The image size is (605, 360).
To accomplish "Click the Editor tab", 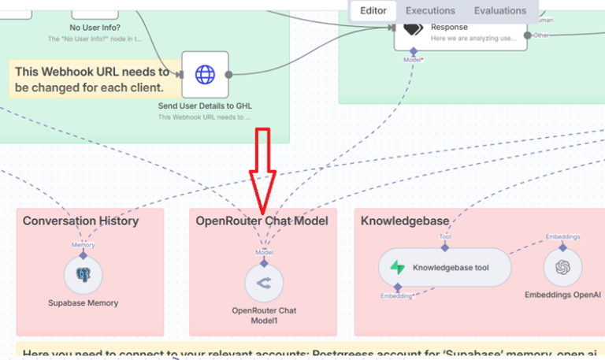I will click(373, 11).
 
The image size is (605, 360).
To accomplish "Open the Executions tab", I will click(430, 11).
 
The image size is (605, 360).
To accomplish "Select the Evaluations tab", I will click(499, 11).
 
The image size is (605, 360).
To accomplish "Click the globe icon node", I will click(205, 75).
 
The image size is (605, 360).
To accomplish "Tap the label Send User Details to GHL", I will click(205, 106).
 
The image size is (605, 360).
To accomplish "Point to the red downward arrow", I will click(262, 169).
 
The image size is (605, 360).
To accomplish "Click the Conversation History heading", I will click(80, 221).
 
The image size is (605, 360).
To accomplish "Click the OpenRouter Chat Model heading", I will click(262, 221).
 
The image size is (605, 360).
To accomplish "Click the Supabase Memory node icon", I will click(84, 275).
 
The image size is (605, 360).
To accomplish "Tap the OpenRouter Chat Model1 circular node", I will click(264, 283).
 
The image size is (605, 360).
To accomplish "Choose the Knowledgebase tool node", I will click(445, 268).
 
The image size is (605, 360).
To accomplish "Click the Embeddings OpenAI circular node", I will click(562, 268).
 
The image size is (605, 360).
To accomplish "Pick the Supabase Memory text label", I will click(84, 303).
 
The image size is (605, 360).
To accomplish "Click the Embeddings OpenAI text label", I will click(562, 295).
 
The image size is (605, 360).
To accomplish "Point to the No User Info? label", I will click(95, 27).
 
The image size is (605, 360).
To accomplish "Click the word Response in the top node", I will click(449, 27).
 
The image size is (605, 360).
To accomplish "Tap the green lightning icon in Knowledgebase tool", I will click(397, 268).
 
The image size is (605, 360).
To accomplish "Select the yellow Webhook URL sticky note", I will click(91, 80).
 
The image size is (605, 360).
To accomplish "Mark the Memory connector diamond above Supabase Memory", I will click(84, 254).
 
